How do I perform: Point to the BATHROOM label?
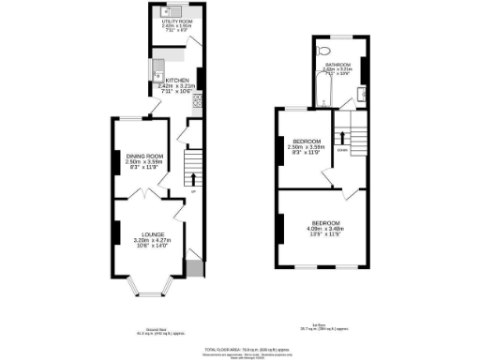coord(338,65)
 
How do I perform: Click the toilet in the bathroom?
coord(323,49)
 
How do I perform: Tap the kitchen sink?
coord(159,68)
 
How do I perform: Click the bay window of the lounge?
coord(145,283)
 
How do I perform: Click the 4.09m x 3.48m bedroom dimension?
coord(324,228)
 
